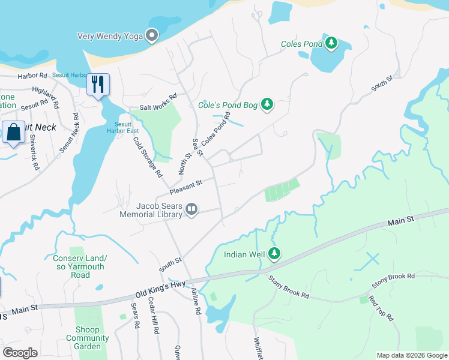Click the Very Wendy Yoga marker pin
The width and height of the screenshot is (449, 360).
coord(152,36)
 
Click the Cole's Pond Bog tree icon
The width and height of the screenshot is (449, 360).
coord(267,105)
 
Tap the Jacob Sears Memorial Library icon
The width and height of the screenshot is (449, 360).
coord(191,209)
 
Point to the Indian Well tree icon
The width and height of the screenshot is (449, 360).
coord(274,254)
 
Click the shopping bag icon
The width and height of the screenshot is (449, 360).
coord(13,132)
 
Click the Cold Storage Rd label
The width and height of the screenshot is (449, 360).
coord(148,155)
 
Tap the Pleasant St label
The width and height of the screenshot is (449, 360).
coord(186,186)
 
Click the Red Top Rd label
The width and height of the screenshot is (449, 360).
coord(381,308)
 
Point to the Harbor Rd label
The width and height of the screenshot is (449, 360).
coord(32,76)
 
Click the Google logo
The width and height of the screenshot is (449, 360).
coord(20,353)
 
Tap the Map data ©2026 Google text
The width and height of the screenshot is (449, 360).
coord(411,355)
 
